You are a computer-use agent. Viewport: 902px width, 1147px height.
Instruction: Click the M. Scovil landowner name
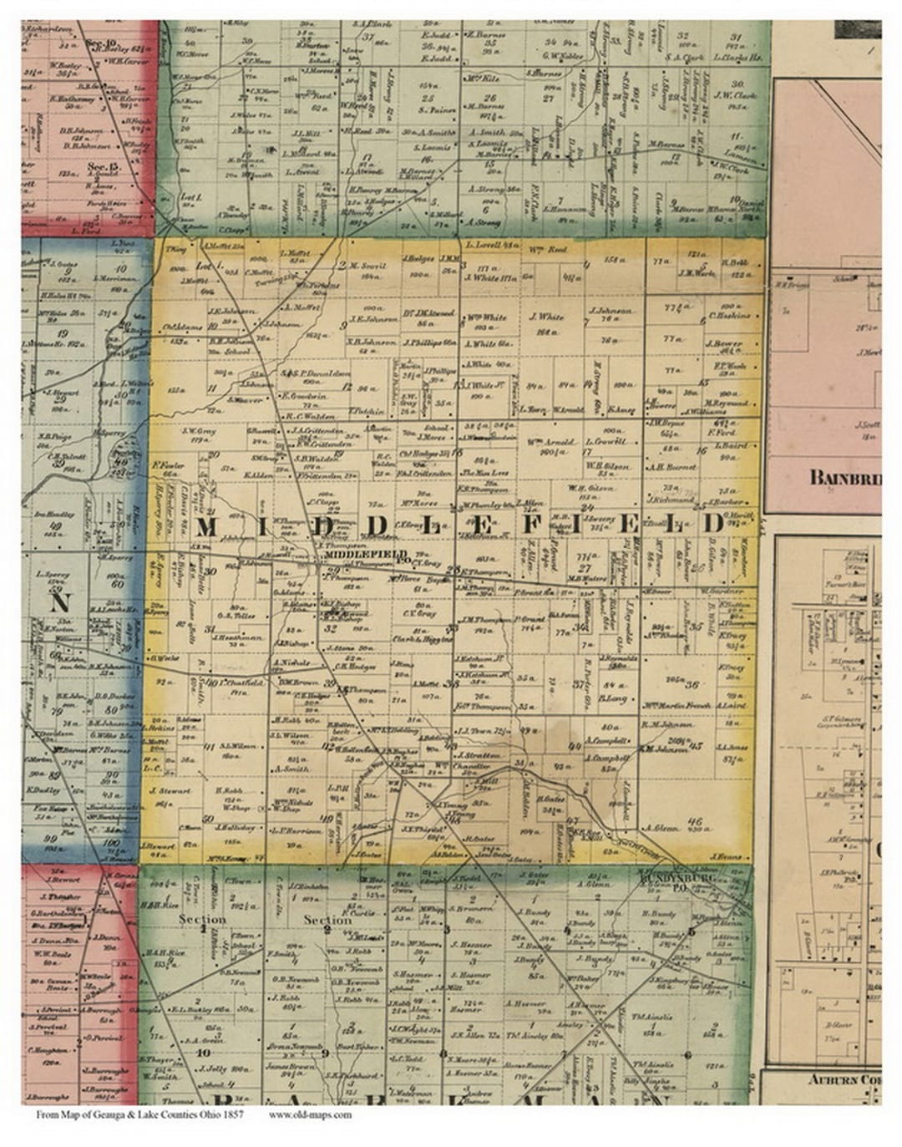[368, 266]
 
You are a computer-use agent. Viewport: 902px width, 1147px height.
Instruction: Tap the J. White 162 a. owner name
[547, 317]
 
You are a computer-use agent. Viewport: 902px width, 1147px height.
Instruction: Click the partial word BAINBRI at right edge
[844, 477]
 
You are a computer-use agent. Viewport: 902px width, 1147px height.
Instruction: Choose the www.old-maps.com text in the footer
[310, 1114]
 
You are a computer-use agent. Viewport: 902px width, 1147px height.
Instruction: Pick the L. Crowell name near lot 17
[606, 440]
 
